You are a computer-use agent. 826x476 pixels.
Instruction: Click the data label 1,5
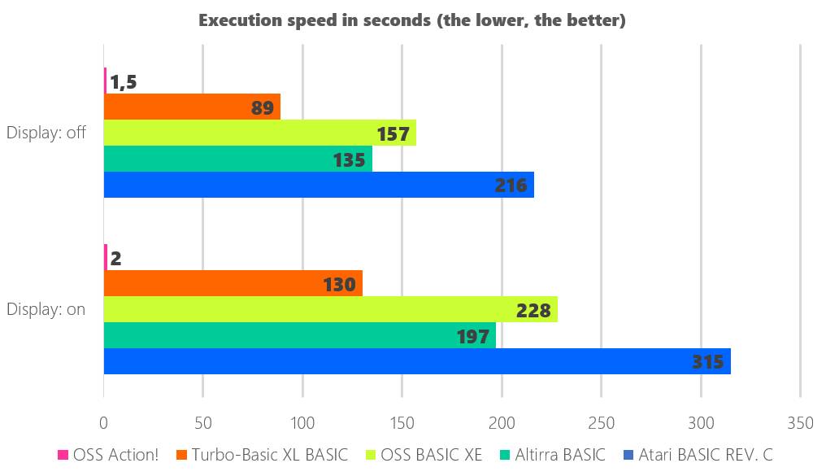coord(124,81)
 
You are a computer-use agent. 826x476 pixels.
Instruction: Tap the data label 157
coord(393,133)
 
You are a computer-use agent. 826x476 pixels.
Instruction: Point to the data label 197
coord(472,336)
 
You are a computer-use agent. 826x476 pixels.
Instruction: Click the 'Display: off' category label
coord(46,133)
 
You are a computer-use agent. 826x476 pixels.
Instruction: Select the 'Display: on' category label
coord(46,309)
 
